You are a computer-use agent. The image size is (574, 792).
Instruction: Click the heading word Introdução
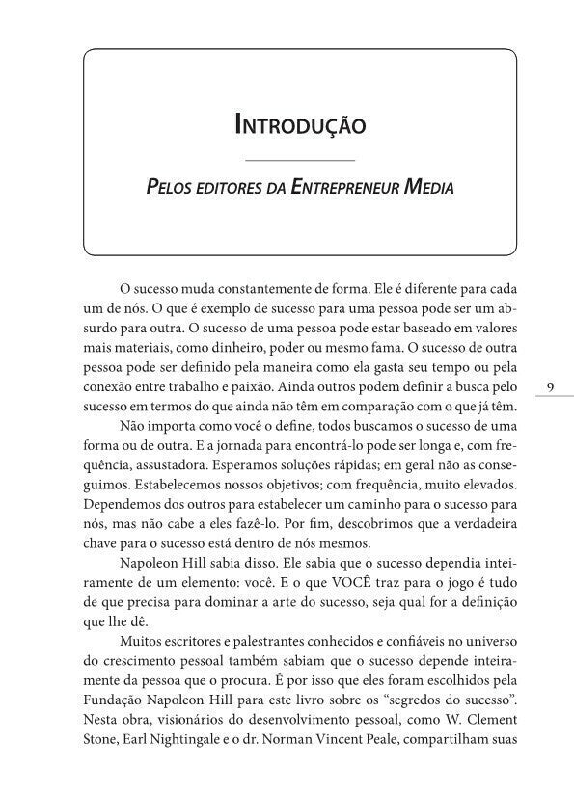click(x=300, y=124)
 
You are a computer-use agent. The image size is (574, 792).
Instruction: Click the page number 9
click(x=549, y=386)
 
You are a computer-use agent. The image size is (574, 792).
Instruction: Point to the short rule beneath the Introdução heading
click(x=300, y=158)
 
